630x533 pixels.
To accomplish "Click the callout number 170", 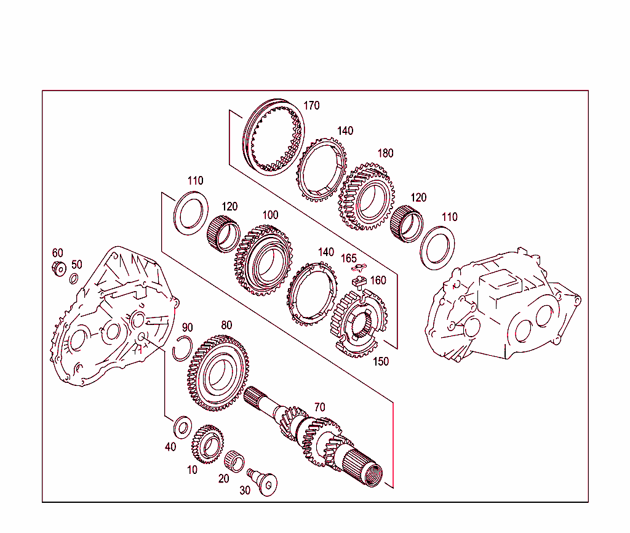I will point(311,106).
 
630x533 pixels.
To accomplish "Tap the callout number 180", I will point(385,153).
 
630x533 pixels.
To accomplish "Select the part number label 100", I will point(270,215).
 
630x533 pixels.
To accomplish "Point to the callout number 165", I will point(349,258).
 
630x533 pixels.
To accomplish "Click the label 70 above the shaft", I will point(320,407).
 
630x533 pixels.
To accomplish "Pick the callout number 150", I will point(381,362).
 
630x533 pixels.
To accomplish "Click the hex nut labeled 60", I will point(59,269).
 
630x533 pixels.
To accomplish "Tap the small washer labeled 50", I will point(73,280).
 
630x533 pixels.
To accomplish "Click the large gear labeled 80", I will point(219,373).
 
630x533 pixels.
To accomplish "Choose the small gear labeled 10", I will point(207,445).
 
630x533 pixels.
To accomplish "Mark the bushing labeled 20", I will point(234,460).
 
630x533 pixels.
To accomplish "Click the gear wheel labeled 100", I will point(263,261).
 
